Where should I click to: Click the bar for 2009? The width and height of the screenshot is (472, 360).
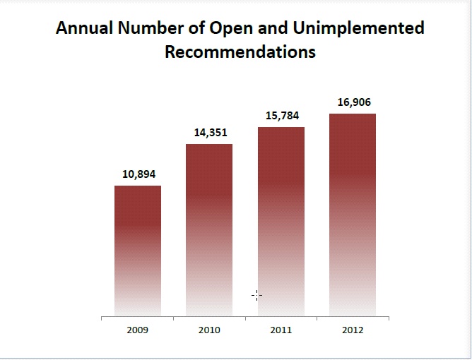(138, 251)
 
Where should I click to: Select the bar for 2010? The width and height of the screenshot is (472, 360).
(209, 229)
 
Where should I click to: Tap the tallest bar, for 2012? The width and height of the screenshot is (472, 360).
(353, 215)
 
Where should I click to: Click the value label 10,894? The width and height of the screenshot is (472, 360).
(138, 174)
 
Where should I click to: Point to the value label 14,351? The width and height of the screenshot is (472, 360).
(210, 132)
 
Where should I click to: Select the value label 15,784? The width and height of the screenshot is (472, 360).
(281, 116)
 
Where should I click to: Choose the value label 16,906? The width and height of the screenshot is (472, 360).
(353, 102)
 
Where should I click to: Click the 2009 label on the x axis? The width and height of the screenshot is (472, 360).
(138, 330)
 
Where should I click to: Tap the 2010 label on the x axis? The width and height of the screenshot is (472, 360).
(209, 330)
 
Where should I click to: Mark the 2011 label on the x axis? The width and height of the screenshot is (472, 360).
(281, 330)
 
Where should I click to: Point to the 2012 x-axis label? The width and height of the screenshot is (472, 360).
(353, 330)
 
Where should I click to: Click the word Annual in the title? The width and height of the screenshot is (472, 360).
(83, 28)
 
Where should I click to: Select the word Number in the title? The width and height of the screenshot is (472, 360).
(147, 28)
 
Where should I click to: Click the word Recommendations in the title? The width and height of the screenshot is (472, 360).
(240, 52)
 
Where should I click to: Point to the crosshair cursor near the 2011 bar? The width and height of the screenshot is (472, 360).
(256, 295)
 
